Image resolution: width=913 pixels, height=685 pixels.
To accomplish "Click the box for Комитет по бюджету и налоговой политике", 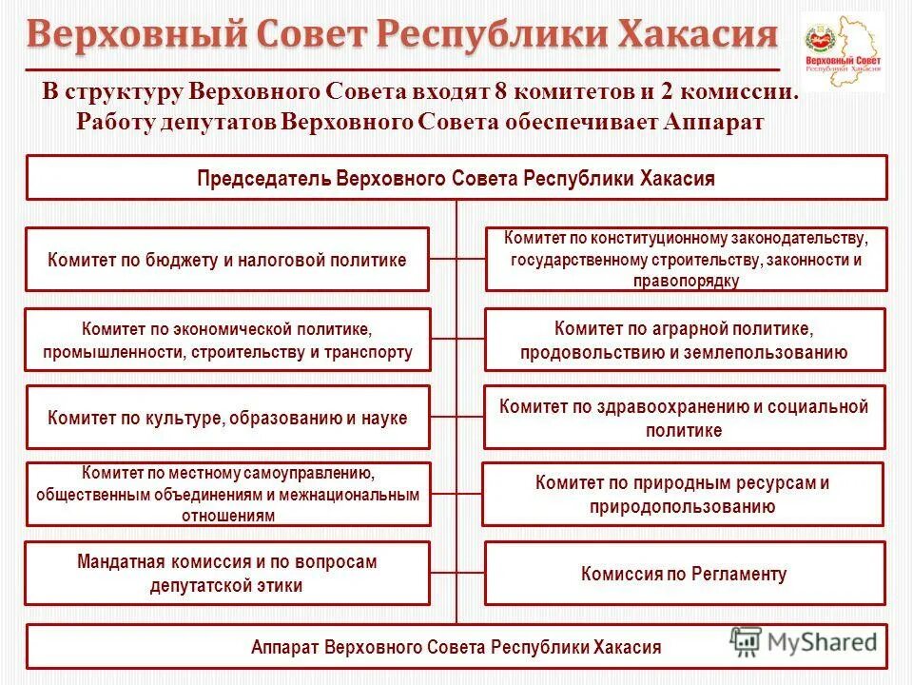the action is [226, 259].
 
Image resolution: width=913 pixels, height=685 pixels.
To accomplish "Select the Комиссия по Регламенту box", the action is [685, 574].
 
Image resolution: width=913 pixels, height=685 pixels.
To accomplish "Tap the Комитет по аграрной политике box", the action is [685, 341].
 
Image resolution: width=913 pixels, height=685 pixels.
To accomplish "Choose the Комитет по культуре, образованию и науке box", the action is [226, 418].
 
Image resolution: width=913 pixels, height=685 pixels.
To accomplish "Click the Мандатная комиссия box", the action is [226, 574].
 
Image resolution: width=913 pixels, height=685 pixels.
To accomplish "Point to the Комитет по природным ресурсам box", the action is [683, 495].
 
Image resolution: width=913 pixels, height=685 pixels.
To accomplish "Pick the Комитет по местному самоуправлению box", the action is [226, 495].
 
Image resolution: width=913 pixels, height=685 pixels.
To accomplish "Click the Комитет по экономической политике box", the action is [226, 341].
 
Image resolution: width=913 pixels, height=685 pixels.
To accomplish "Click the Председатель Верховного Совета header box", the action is [456, 178].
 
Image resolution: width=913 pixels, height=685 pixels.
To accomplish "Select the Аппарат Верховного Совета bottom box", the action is [456, 647].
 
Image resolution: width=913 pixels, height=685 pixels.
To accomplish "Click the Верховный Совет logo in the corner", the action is [842, 52].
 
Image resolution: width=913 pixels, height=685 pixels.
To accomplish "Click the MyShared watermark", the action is [804, 642].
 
